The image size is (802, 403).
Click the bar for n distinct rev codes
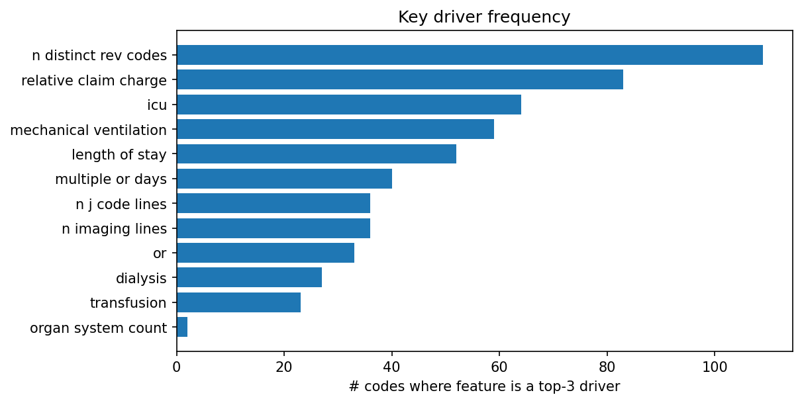click(470, 55)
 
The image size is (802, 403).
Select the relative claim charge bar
click(399, 79)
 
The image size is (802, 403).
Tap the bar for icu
click(348, 105)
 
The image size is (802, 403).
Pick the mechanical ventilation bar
click(335, 129)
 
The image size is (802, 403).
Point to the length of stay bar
click(316, 154)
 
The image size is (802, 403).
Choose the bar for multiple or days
click(284, 179)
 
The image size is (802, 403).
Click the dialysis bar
click(249, 277)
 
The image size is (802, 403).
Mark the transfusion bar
click(238, 302)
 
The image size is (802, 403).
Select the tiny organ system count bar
click(182, 327)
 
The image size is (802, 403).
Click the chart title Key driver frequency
click(484, 17)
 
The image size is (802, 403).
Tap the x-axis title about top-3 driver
click(484, 386)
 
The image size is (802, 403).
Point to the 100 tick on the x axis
click(715, 365)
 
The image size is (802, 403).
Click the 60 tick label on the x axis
click(499, 365)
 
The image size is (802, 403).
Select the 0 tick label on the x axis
click(177, 365)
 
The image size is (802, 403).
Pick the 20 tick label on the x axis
click(284, 365)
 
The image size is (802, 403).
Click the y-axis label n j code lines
click(121, 204)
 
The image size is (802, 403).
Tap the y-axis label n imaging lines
click(114, 229)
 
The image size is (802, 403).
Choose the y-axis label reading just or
click(160, 253)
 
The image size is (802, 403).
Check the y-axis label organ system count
click(98, 328)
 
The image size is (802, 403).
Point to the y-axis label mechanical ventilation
click(88, 130)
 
